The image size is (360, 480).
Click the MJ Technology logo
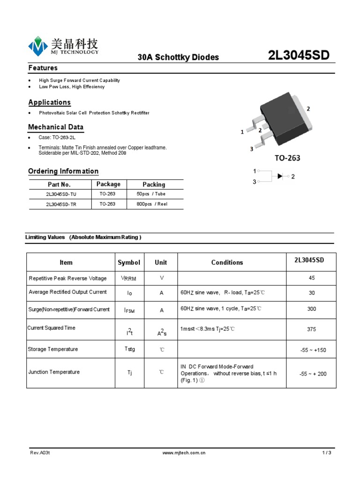tap(63, 46)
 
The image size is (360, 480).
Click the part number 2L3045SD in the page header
tap(299, 55)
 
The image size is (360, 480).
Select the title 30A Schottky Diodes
tap(178, 57)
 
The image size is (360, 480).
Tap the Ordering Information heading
tap(63, 171)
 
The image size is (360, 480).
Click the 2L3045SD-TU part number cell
tap(61, 194)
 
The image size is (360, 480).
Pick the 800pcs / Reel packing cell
tap(152, 204)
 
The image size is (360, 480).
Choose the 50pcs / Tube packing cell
tap(151, 194)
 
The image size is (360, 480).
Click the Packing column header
tap(154, 184)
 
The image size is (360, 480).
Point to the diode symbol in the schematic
tap(280, 176)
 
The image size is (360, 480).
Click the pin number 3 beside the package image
tap(252, 149)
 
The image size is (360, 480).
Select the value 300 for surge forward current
tap(311, 309)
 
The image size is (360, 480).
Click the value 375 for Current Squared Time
tap(311, 329)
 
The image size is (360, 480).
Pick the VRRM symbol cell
tap(128, 278)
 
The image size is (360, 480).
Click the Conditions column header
tap(227, 262)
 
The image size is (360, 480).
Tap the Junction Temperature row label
tap(54, 372)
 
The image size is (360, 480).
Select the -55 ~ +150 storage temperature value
tap(313, 350)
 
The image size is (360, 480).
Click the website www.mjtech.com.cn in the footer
tap(184, 453)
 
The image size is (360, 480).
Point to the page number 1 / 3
tap(326, 453)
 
